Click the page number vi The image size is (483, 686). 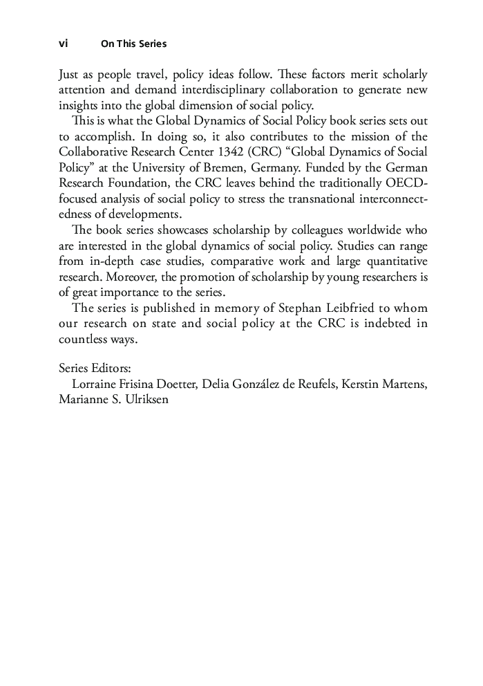click(x=63, y=44)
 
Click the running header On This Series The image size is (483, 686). click(x=133, y=44)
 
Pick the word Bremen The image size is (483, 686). click(x=210, y=167)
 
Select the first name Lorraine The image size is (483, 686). click(x=95, y=384)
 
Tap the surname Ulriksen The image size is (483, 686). click(x=146, y=400)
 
